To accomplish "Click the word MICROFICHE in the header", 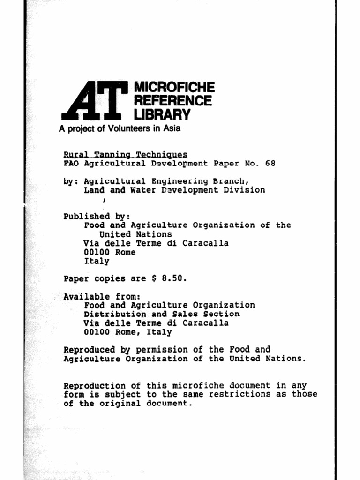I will tap(174, 87).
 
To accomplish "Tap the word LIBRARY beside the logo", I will tap(163, 114).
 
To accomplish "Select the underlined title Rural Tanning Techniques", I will tap(125, 154).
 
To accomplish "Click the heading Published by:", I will tap(97, 217).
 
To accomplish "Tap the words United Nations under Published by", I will tap(135, 234).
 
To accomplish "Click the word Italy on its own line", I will tap(97, 261).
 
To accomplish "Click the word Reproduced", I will tap(89, 350).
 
